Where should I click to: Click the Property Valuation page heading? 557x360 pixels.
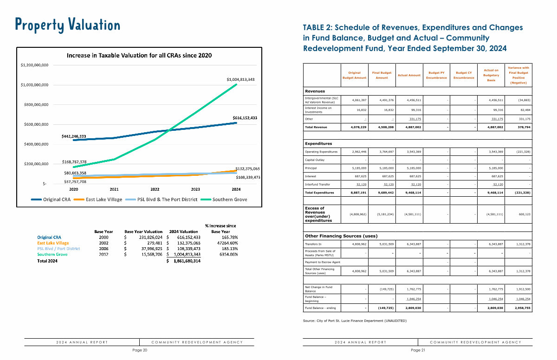[x=67, y=24]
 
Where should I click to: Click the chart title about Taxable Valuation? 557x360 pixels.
[x=139, y=55]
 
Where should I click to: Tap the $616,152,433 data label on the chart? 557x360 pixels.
[x=245, y=118]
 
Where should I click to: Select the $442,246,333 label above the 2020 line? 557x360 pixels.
[x=80, y=136]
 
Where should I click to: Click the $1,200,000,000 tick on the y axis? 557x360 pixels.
[x=35, y=65]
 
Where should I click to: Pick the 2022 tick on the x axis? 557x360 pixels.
[x=155, y=189]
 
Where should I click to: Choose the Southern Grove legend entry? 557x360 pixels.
[x=230, y=199]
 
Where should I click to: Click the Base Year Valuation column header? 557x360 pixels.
[x=143, y=231]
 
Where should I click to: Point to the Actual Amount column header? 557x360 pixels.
[x=409, y=75]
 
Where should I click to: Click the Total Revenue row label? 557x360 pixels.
[x=316, y=127]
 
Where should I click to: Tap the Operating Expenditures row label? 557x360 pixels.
[x=321, y=152]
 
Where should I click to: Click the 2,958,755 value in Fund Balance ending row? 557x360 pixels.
[x=520, y=308]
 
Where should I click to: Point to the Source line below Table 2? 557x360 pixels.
[x=355, y=321]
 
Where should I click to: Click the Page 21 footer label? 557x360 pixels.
[x=418, y=350]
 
